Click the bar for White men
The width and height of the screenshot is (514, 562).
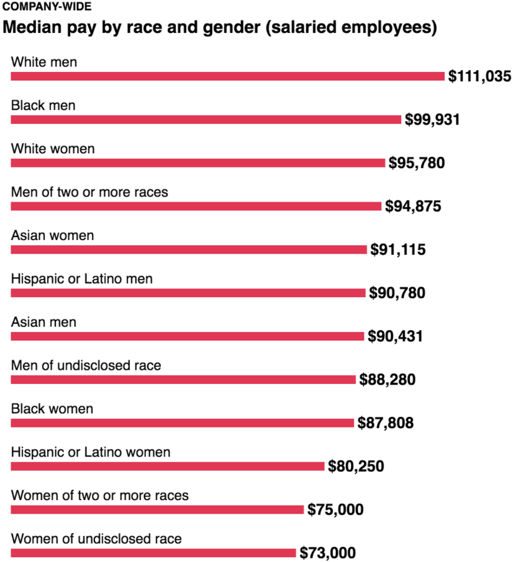pos(227,76)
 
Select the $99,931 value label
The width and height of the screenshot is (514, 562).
pos(432,120)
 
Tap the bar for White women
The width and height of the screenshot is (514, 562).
pos(198,163)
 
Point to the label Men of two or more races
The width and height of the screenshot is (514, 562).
pos(89,192)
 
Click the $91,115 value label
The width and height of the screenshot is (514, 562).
pos(398,249)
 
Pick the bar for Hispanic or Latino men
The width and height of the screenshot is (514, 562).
pos(188,293)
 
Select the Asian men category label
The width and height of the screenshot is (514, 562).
pos(44,322)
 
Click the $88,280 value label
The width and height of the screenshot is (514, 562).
pos(387,379)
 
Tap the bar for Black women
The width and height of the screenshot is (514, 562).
pos(182,423)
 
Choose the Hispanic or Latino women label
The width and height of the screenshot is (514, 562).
pos(90,452)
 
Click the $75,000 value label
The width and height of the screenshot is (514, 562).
pos(335,510)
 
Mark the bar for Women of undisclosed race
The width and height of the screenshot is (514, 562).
pos(153,553)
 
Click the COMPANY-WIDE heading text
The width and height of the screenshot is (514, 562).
pos(47,7)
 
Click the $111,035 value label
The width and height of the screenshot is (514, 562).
pos(479,76)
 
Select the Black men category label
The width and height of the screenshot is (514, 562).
pos(43,105)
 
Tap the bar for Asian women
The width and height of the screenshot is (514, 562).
pos(189,249)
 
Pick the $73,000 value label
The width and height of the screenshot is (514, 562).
pos(328,553)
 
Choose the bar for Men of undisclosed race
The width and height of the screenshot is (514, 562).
pos(184,379)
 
